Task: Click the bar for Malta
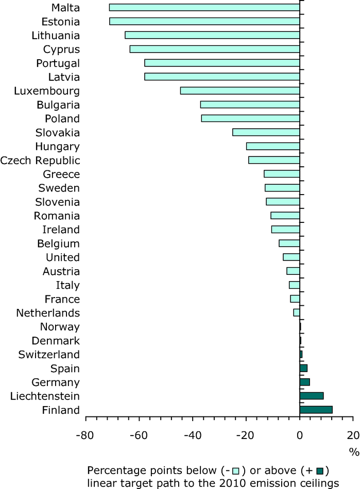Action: click(204, 7)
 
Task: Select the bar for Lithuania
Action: click(212, 35)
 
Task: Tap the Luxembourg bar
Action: click(239, 91)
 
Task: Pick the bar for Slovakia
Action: click(266, 132)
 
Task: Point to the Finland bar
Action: click(316, 410)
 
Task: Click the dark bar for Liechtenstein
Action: click(312, 396)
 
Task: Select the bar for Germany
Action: click(304, 382)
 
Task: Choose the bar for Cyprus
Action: click(214, 49)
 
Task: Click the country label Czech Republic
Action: click(40, 160)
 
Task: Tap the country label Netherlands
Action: click(48, 313)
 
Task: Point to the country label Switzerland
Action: click(49, 355)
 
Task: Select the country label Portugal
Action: click(58, 63)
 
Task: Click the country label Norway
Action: click(60, 327)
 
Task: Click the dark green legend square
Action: click(319, 470)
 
